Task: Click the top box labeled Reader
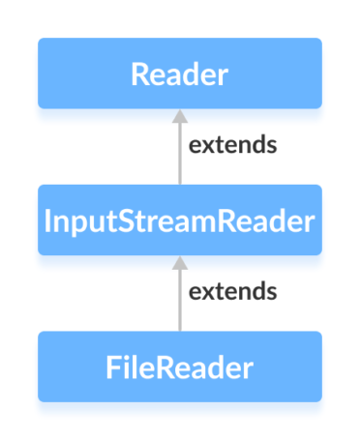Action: (179, 73)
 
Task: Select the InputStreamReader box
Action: (179, 220)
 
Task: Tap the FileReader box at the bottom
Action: (179, 367)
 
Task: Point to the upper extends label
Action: (232, 145)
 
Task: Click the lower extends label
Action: (232, 291)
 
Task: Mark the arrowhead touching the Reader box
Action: (179, 116)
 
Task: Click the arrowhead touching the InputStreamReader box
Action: (179, 262)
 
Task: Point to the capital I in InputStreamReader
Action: (49, 220)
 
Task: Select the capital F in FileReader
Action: (112, 368)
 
